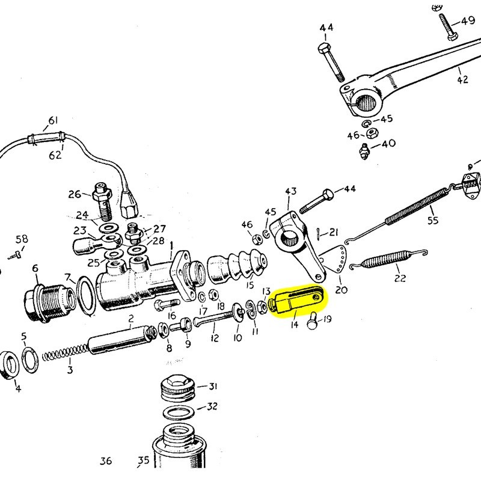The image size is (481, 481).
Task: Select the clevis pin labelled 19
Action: pyautogui.click(x=313, y=323)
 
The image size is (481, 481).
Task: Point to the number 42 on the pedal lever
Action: pyautogui.click(x=462, y=79)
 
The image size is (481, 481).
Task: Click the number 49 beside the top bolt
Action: pyautogui.click(x=467, y=21)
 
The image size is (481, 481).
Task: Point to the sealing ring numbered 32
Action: pyautogui.click(x=180, y=414)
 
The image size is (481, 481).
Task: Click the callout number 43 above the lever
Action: pyautogui.click(x=290, y=192)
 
